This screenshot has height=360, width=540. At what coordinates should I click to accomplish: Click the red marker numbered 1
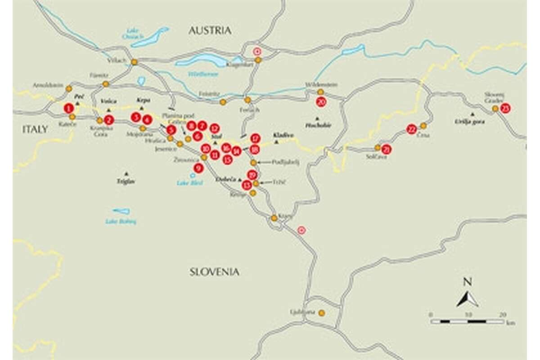pyautogui.click(x=68, y=108)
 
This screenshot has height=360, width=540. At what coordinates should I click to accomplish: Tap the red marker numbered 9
pyautogui.click(x=199, y=168)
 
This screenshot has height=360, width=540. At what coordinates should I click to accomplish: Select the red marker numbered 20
pyautogui.click(x=321, y=102)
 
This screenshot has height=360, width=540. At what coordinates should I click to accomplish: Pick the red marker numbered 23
pyautogui.click(x=505, y=108)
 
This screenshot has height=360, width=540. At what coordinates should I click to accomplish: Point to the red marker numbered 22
pyautogui.click(x=411, y=130)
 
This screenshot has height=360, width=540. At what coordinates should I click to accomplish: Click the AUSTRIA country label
pyautogui.click(x=210, y=31)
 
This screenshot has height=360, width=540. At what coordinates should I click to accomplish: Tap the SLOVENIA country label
pyautogui.click(x=214, y=272)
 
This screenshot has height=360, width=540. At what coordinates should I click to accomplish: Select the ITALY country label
pyautogui.click(x=35, y=129)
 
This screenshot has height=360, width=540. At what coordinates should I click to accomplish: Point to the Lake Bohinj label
pyautogui.click(x=121, y=221)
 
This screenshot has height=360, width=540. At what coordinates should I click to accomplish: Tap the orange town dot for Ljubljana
pyautogui.click(x=321, y=313)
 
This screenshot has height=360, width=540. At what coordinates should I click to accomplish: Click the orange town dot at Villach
pyautogui.click(x=134, y=62)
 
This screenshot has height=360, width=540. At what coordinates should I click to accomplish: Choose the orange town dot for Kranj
pyautogui.click(x=274, y=218)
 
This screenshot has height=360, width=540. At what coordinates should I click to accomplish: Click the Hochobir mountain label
pyautogui.click(x=318, y=125)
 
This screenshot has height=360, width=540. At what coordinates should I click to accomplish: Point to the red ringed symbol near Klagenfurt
pyautogui.click(x=257, y=51)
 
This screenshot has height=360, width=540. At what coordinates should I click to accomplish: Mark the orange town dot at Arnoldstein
pyautogui.click(x=69, y=89)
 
